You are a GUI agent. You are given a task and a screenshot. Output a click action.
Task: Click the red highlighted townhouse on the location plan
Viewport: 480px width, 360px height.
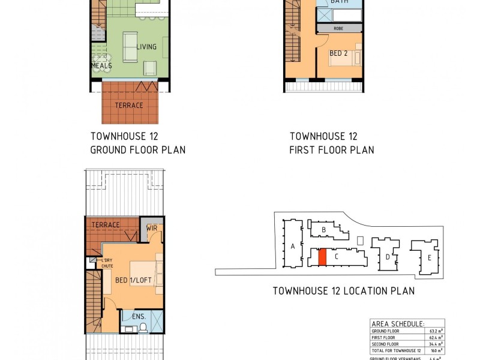(322, 257)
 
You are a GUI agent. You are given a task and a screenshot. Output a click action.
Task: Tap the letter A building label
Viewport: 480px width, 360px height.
(293, 246)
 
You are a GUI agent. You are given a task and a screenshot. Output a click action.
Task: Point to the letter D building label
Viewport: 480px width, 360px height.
(388, 257)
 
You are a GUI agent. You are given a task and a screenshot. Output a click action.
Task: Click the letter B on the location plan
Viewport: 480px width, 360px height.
(323, 229)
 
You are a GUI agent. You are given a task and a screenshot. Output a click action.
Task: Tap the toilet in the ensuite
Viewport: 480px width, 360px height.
(143, 326)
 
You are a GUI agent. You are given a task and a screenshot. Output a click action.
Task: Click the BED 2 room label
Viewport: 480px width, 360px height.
(338, 53)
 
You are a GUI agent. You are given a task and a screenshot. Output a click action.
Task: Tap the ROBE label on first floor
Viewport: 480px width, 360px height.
(338, 28)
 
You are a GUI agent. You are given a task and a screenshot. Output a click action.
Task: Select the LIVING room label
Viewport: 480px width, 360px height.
(146, 47)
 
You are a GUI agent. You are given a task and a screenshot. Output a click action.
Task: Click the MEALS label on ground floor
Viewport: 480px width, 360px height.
(102, 66)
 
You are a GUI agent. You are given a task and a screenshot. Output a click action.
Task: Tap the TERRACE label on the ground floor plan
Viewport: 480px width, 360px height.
(129, 106)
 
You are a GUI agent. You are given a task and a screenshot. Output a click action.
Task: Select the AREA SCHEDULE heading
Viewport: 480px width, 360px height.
(397, 323)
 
